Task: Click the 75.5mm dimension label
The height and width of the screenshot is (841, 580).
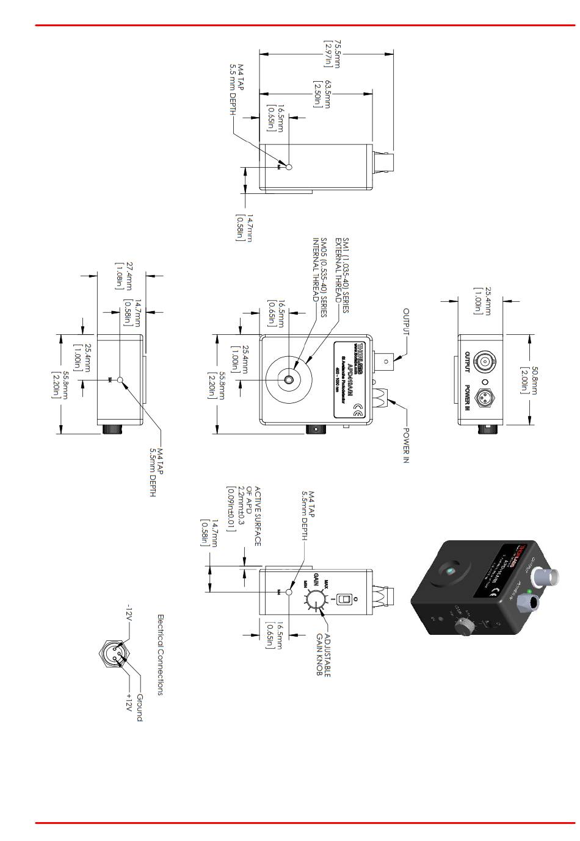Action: click(x=332, y=54)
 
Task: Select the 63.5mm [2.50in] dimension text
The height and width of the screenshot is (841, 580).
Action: click(x=322, y=94)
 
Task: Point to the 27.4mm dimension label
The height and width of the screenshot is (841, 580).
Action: click(x=125, y=276)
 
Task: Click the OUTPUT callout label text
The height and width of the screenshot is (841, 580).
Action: click(x=406, y=321)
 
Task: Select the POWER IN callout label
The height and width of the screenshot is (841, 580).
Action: click(x=406, y=445)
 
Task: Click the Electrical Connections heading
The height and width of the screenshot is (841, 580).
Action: click(x=161, y=654)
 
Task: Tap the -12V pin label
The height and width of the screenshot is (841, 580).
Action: click(x=128, y=612)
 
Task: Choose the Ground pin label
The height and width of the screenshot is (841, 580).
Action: click(x=139, y=707)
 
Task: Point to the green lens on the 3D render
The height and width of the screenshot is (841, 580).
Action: click(x=450, y=571)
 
